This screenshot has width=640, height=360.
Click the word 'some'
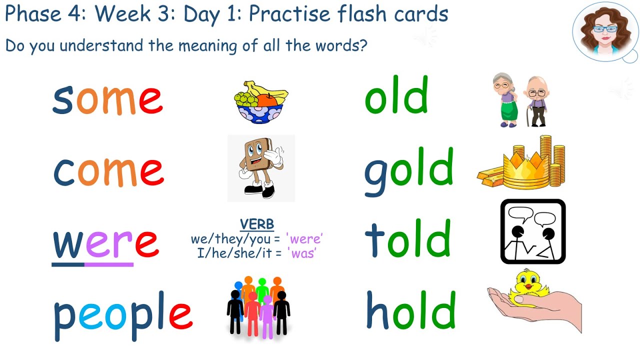point(107,98)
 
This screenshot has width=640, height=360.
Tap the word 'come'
point(108,170)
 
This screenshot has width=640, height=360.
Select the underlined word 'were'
point(105,242)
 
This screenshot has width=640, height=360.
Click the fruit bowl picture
point(259,102)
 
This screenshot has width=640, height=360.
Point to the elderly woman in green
point(506,100)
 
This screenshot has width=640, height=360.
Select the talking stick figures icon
point(533,231)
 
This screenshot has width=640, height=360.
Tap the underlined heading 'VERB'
point(257,224)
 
